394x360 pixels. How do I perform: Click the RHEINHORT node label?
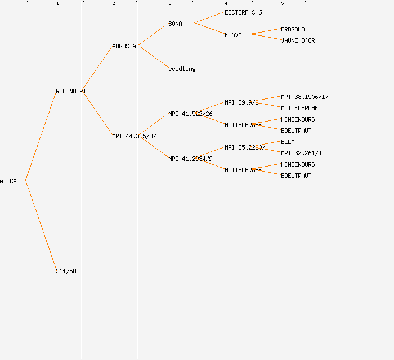pos(71,91)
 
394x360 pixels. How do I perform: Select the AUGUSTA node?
pos(124,46)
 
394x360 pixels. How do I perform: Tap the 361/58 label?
pos(66,271)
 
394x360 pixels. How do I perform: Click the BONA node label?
pos(175,24)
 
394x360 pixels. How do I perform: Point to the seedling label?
pos(182,69)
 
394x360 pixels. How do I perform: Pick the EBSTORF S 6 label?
pos(243,12)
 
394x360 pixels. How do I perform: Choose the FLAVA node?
pos(233,35)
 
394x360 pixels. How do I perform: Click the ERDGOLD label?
pos(293,29)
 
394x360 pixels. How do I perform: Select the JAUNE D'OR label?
pos(298,40)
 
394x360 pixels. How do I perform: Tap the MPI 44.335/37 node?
pos(134,136)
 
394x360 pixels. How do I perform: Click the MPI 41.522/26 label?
pos(190,114)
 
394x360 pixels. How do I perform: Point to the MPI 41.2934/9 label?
pos(190,159)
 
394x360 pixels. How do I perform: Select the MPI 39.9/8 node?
pos(241,102)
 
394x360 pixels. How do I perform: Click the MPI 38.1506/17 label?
pos(305,97)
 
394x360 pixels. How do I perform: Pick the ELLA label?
pos(288,142)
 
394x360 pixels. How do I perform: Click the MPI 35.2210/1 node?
pos(247,147)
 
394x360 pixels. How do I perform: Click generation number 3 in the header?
pos(170,4)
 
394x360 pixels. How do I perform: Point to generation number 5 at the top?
pos(283,4)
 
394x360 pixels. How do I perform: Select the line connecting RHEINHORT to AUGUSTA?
pos(97,69)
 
